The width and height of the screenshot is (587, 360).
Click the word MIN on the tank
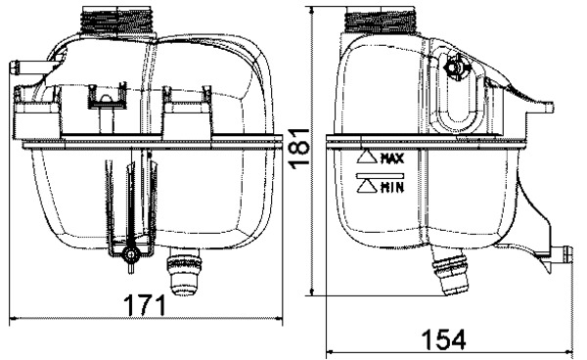392,186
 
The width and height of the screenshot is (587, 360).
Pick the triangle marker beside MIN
368,186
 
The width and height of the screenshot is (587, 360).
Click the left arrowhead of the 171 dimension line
12,318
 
